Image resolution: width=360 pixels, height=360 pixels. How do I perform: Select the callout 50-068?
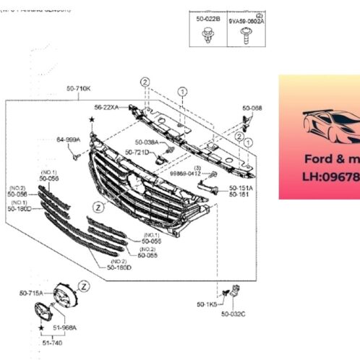[x=252, y=108]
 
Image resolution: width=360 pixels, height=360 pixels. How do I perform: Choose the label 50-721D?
[x=137, y=153]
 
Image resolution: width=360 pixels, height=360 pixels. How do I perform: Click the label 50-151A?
[x=241, y=188]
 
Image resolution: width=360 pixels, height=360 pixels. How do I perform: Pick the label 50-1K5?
[x=205, y=306]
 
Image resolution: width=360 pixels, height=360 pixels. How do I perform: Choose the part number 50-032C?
[x=233, y=314]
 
